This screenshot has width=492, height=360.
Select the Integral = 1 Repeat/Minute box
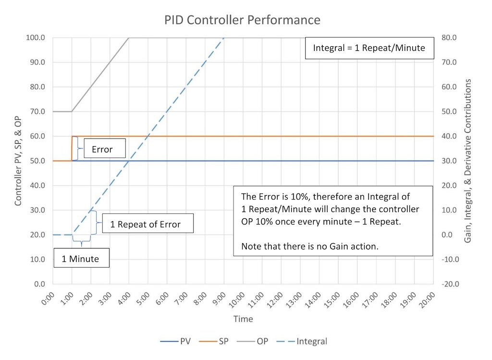[x=369, y=48]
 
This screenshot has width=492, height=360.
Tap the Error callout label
[x=102, y=149]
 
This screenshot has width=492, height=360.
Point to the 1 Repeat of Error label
[x=145, y=224]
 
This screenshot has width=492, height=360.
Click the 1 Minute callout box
[x=80, y=259]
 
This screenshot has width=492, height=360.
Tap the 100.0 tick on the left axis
[x=36, y=37]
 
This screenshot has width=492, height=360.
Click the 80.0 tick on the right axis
[x=454, y=37]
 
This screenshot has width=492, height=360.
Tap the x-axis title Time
[x=243, y=319]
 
